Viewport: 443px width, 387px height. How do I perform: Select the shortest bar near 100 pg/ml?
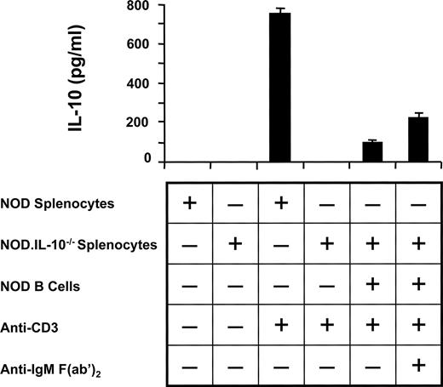point(372,151)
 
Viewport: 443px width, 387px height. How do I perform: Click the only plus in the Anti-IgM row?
point(417,367)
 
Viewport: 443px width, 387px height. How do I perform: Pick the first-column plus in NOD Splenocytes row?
point(189,203)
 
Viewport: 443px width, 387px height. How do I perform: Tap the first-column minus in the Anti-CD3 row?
point(189,327)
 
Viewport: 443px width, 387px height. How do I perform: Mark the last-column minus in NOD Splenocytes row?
point(417,204)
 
